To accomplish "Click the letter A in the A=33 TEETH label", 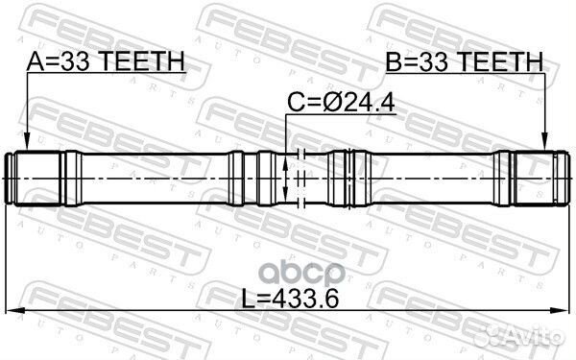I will [x=36, y=62].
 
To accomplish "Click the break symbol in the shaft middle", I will [x=300, y=179].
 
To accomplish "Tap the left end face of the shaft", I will [x=10, y=179].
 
